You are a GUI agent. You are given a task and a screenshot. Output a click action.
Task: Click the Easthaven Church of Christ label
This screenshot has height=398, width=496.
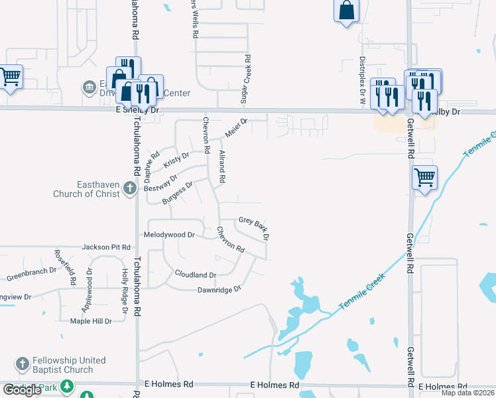pos(86,189)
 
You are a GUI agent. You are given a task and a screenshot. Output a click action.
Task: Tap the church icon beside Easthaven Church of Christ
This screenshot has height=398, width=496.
pos(129,188)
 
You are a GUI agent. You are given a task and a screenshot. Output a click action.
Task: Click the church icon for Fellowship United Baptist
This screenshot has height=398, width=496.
pos(23,364)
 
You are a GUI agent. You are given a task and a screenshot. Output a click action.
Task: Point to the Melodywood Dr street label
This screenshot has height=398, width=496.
pos(169,235)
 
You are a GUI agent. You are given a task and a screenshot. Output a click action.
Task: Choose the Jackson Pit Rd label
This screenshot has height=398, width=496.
pos(106,247)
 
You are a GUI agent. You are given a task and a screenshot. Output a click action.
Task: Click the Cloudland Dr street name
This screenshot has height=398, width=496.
pos(196,275)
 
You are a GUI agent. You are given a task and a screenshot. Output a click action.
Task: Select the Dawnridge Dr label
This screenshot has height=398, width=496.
pos(218,290)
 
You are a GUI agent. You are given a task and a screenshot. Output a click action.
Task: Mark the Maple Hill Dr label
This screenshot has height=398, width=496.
pos(92,321)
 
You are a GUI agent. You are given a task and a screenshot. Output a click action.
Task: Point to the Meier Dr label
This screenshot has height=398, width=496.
pos(235,127)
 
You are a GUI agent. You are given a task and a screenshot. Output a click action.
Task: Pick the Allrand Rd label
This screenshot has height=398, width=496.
pos(222,166)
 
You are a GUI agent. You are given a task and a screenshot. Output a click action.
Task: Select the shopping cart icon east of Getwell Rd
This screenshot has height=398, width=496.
pos(424,178)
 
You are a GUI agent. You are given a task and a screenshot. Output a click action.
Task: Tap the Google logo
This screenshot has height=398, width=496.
pos(22,390)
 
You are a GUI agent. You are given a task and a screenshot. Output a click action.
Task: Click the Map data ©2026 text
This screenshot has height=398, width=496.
pos(467,393)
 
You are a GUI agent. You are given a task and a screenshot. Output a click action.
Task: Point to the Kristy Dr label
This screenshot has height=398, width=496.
pos(176,160)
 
